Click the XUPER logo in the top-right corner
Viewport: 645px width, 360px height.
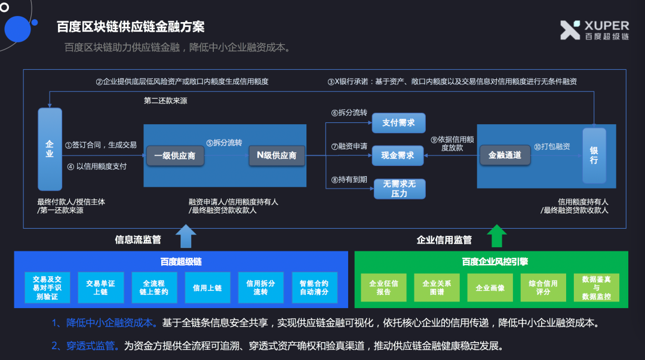[594, 30]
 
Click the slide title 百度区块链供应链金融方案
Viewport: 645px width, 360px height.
[131, 27]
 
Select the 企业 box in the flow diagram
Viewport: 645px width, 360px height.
[50, 149]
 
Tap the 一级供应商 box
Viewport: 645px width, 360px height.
[175, 156]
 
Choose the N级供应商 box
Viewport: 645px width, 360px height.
[277, 155]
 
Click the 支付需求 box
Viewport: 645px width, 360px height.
[398, 123]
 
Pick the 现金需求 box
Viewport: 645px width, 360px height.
[398, 155]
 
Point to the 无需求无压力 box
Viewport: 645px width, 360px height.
[399, 189]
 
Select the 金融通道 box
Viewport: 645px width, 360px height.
[505, 155]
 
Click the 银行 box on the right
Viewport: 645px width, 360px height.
[594, 155]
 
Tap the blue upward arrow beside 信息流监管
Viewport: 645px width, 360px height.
[186, 236]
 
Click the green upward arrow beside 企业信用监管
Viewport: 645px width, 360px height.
[496, 236]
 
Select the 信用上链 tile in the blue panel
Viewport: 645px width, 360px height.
[207, 288]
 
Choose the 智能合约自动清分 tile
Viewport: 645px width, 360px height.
[314, 288]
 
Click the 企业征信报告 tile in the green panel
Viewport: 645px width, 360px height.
[383, 288]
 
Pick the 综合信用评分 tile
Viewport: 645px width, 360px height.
[542, 288]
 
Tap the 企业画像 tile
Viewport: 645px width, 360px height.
[490, 288]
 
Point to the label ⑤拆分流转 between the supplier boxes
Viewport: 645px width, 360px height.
[224, 143]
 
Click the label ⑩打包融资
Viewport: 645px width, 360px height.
[552, 146]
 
